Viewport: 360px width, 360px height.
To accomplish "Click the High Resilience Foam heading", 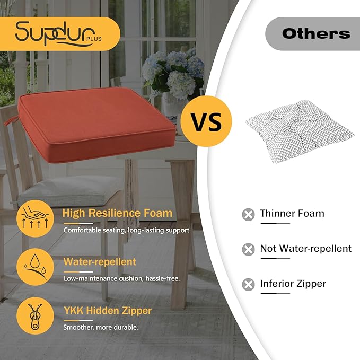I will (117, 213).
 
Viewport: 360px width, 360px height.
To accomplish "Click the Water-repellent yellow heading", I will (100, 261).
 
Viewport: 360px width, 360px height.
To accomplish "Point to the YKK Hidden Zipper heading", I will (108, 310).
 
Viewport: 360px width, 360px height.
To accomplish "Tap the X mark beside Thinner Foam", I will (248, 214).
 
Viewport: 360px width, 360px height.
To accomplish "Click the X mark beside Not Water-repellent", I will (248, 249).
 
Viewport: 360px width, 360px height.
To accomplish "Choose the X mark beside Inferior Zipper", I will (248, 284).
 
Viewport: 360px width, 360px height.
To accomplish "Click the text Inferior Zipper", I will (293, 284).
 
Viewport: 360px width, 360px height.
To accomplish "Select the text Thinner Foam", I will (292, 214).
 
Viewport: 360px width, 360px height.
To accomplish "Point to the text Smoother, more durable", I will (101, 327).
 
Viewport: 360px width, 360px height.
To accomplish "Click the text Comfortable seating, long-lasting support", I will (127, 230).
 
